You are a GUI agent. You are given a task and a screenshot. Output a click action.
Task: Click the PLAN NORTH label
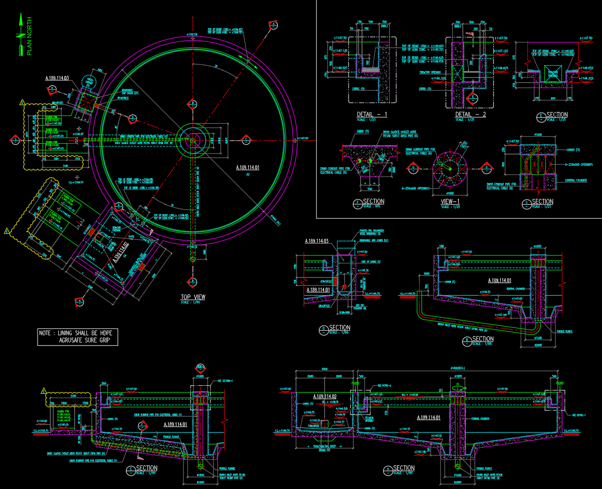[x=29, y=36]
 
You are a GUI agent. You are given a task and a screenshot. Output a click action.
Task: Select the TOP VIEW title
[x=193, y=297]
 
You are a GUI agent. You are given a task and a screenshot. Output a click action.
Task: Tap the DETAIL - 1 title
[x=372, y=114]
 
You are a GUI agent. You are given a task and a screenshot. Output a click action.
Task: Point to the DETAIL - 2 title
[x=471, y=114]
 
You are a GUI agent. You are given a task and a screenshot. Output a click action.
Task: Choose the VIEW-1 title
[x=450, y=201]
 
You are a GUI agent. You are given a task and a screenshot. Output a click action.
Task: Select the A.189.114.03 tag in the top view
[x=57, y=78]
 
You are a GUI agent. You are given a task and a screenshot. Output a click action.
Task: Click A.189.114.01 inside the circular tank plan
[x=247, y=168]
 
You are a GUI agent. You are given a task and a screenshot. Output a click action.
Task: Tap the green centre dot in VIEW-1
[x=450, y=169]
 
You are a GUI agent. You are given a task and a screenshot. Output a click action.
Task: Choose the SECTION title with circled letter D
[x=340, y=328]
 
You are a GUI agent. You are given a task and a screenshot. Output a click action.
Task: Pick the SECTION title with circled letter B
[x=483, y=339]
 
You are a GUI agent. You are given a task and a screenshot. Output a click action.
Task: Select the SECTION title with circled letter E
[x=557, y=115]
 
